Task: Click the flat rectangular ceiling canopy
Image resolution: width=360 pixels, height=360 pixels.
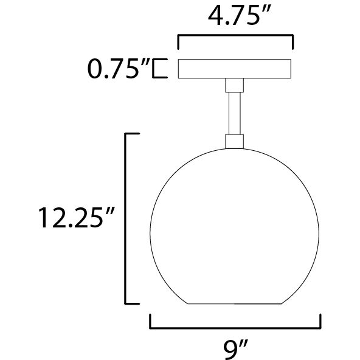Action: pos(235,69)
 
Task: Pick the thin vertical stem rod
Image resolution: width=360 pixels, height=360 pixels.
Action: pos(235,112)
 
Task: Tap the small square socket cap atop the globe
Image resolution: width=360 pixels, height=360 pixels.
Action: pos(235,142)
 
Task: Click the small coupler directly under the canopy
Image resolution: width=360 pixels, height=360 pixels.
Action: pos(235,85)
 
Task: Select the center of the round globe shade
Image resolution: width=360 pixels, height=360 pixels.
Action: pos(235,228)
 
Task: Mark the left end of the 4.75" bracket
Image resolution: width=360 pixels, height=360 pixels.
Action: pos(178,43)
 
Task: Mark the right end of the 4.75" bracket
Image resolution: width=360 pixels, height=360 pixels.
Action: pos(292,43)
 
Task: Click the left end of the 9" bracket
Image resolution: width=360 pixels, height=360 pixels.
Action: pos(150,321)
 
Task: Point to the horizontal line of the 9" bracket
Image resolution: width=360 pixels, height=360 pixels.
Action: pos(235,327)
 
